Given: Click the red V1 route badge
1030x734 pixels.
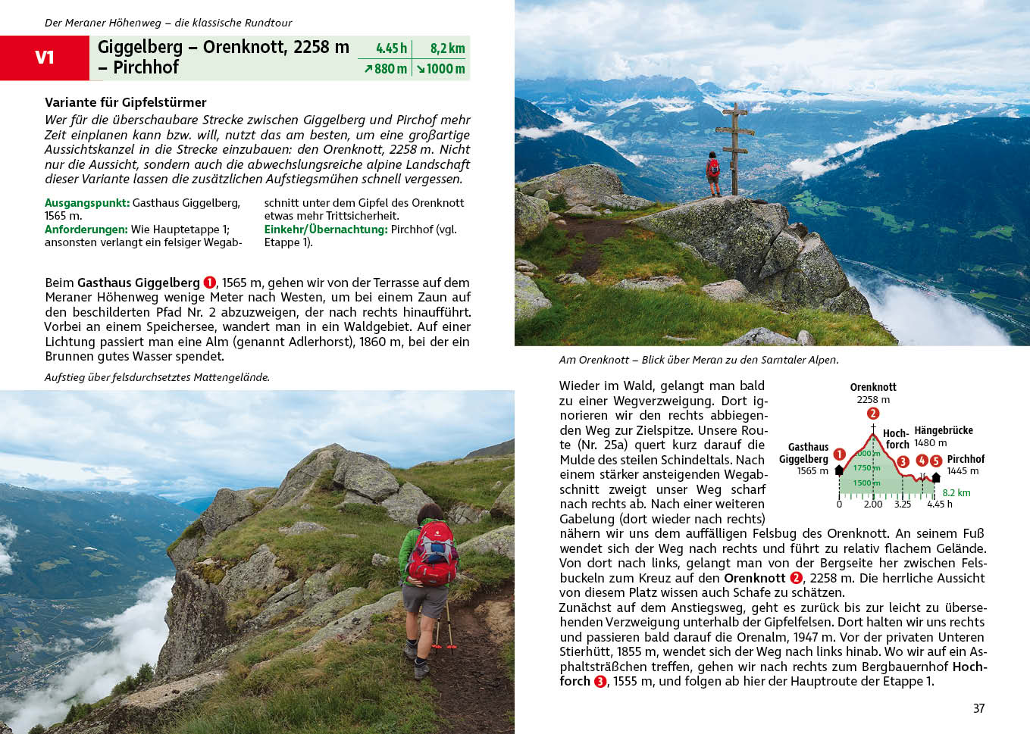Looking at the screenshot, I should tap(45, 58).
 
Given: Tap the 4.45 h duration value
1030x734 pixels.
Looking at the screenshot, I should tap(391, 48).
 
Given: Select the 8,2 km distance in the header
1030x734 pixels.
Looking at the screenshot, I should tap(447, 48).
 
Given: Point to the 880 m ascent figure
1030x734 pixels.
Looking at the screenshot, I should tap(386, 69).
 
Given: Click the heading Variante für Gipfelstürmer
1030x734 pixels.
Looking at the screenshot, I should tap(125, 102).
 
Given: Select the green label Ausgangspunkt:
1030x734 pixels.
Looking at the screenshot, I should tap(87, 203).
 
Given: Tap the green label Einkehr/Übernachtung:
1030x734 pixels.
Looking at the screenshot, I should tap(326, 230).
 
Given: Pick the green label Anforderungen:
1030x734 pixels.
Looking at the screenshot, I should tap(86, 230).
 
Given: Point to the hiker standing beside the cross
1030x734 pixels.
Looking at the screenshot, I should tap(712, 173).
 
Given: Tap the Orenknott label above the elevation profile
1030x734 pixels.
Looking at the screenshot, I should tap(873, 387).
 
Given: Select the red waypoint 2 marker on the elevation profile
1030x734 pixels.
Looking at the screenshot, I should tap(873, 414).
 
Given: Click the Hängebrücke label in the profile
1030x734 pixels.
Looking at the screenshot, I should tap(944, 430).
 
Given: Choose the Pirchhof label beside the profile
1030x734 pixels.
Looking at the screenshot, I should tap(966, 459).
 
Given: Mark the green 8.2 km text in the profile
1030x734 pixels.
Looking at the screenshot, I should tap(956, 492).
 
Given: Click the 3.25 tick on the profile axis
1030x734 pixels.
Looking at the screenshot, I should tap(902, 504).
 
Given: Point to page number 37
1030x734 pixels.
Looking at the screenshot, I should tap(978, 708).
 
